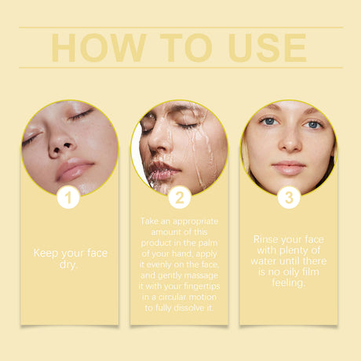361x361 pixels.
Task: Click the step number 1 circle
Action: point(69,197)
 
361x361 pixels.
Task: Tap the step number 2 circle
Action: point(180,197)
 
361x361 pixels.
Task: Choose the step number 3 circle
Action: point(289,197)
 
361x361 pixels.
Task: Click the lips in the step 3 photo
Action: point(289,167)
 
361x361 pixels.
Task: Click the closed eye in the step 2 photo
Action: point(188,126)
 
